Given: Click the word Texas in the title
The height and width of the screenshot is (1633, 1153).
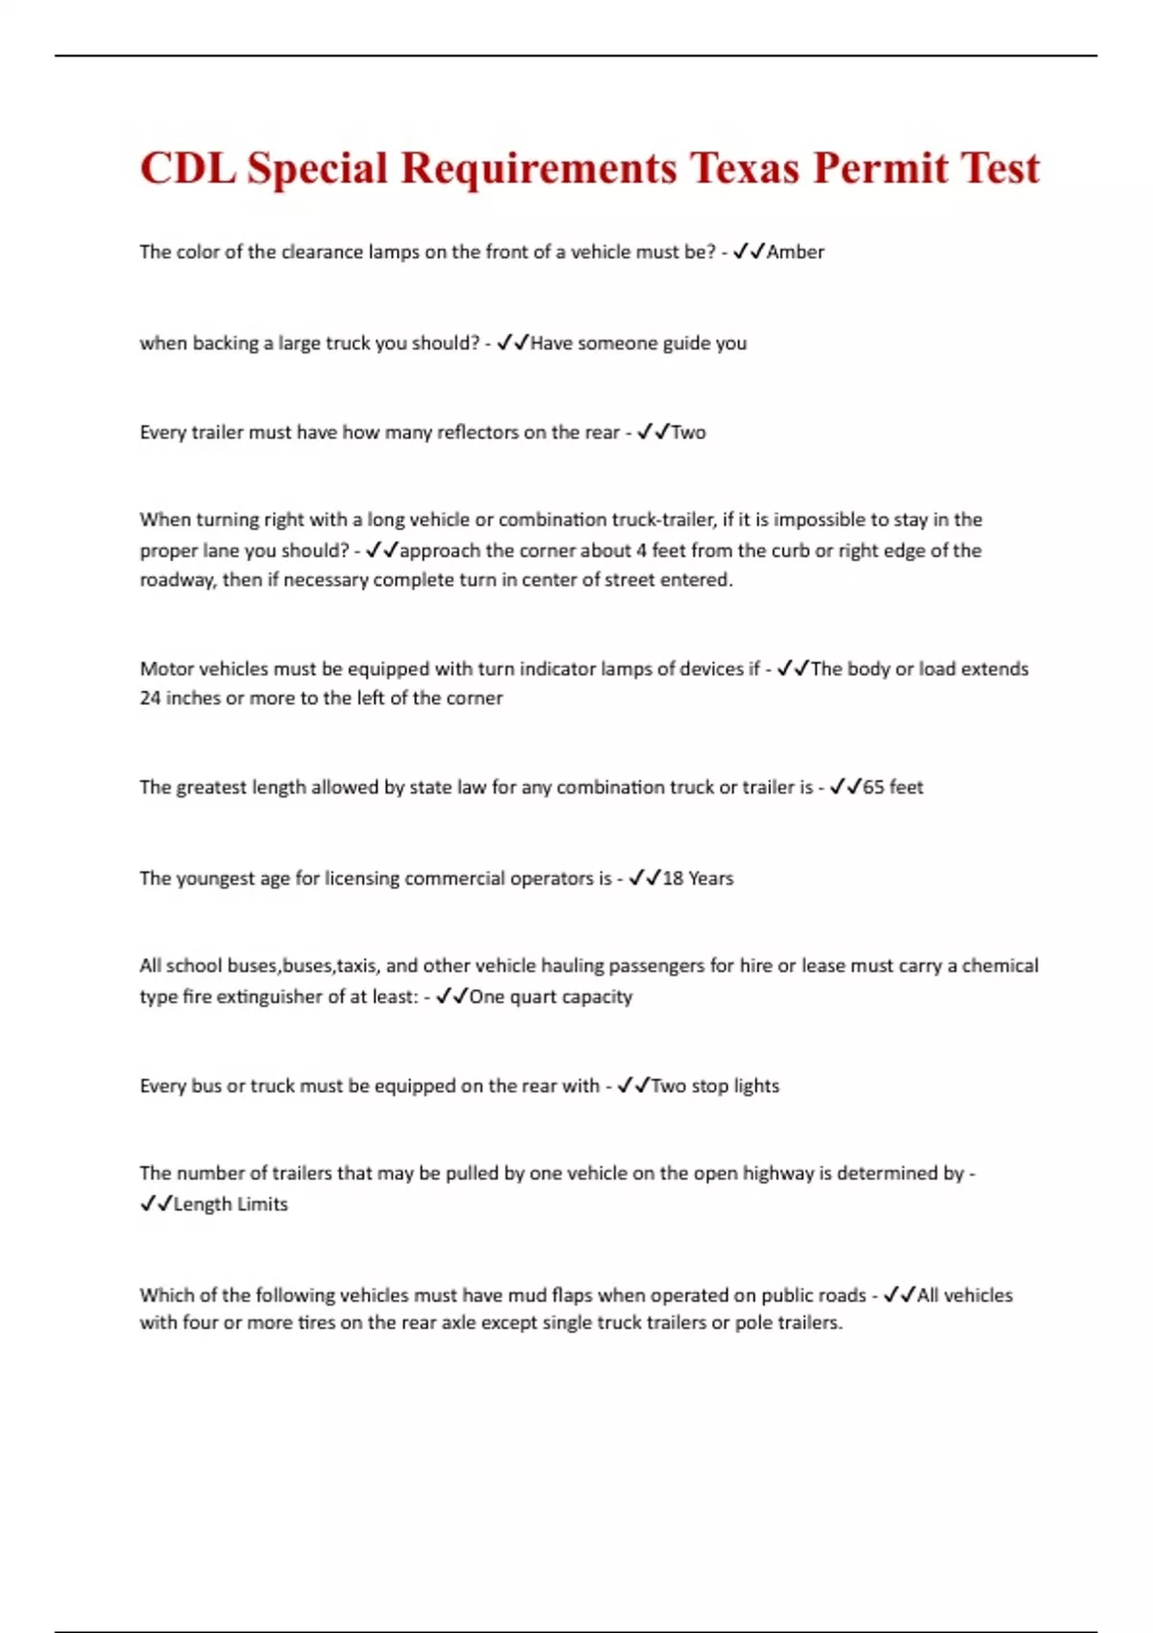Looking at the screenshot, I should coord(745,168).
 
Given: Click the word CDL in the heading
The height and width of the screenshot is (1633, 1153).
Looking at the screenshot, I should coord(187,168).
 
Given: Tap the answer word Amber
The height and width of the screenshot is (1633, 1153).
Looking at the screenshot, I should coord(796,252).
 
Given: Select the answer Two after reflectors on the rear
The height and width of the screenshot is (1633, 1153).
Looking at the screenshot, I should coord(688,432).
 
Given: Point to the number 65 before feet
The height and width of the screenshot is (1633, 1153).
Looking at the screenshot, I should coord(873,787).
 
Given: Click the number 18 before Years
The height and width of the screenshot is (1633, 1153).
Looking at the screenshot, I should coord(673,878).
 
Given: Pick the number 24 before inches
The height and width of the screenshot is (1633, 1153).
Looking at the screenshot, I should coord(150,697).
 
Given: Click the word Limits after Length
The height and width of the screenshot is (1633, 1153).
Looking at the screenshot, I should coord(257,1204).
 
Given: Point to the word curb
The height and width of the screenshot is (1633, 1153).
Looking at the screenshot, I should coord(791,550).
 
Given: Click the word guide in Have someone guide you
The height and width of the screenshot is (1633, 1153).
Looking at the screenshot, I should coord(686,343).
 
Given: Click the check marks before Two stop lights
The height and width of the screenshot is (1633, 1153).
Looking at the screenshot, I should coord(634,1085).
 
